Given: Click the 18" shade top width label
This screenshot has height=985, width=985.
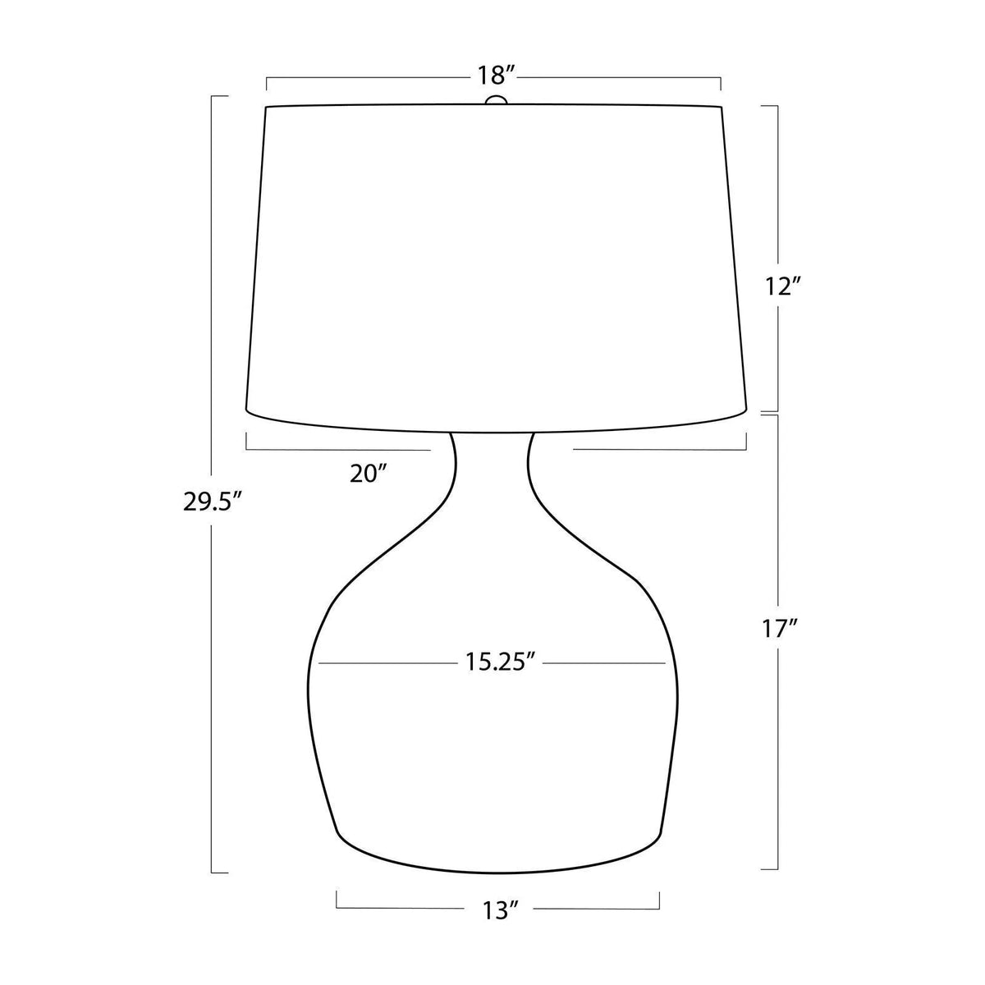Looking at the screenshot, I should (x=495, y=76).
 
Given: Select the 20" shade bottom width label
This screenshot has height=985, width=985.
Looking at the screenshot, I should (x=367, y=474).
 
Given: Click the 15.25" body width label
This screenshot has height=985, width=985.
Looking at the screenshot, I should (x=492, y=663).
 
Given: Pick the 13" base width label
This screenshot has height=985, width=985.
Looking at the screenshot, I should (x=499, y=909).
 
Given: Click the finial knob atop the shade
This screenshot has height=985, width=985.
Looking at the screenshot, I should (x=495, y=101).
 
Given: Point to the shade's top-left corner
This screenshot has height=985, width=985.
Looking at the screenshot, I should (x=266, y=106).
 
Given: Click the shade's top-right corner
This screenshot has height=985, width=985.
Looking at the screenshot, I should (x=722, y=106).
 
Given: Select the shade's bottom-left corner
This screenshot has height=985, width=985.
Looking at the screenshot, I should (x=246, y=408).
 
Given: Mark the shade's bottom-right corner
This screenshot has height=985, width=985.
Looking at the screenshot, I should (x=745, y=408).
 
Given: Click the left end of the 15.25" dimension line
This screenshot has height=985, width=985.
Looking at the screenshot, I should (x=319, y=662).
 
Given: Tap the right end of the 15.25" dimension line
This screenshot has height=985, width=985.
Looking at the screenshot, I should (x=665, y=662).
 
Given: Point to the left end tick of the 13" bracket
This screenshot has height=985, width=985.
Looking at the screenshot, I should (x=337, y=899).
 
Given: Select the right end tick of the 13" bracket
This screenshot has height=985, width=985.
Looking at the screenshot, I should (x=659, y=899).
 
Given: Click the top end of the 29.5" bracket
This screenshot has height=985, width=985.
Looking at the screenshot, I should (x=213, y=96).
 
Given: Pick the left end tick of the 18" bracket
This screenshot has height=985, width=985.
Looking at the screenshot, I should (x=266, y=83).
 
